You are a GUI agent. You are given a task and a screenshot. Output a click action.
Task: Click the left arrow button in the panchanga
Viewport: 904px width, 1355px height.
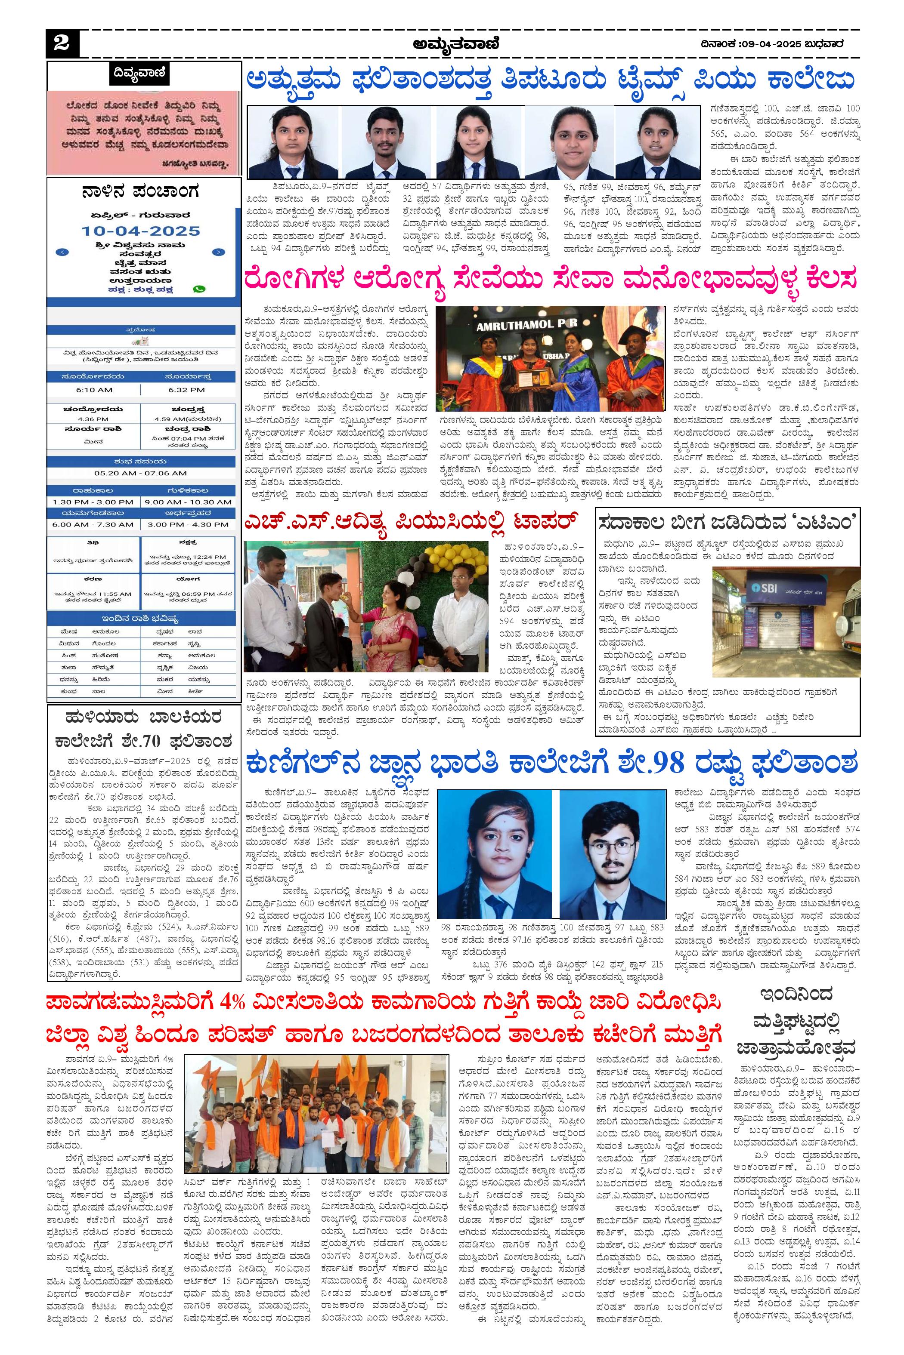63,252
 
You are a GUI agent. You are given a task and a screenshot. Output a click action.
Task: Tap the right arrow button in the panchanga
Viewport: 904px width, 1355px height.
219,252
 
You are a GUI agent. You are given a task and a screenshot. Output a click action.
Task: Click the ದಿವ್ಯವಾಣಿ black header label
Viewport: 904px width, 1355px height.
139,74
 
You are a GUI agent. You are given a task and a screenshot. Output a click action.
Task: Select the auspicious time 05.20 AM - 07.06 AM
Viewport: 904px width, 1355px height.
141,473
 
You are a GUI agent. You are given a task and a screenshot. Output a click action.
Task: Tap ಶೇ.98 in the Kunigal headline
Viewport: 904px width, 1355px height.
663,764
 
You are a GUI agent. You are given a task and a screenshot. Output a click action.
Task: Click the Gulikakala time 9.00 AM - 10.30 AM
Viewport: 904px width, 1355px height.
188,502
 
